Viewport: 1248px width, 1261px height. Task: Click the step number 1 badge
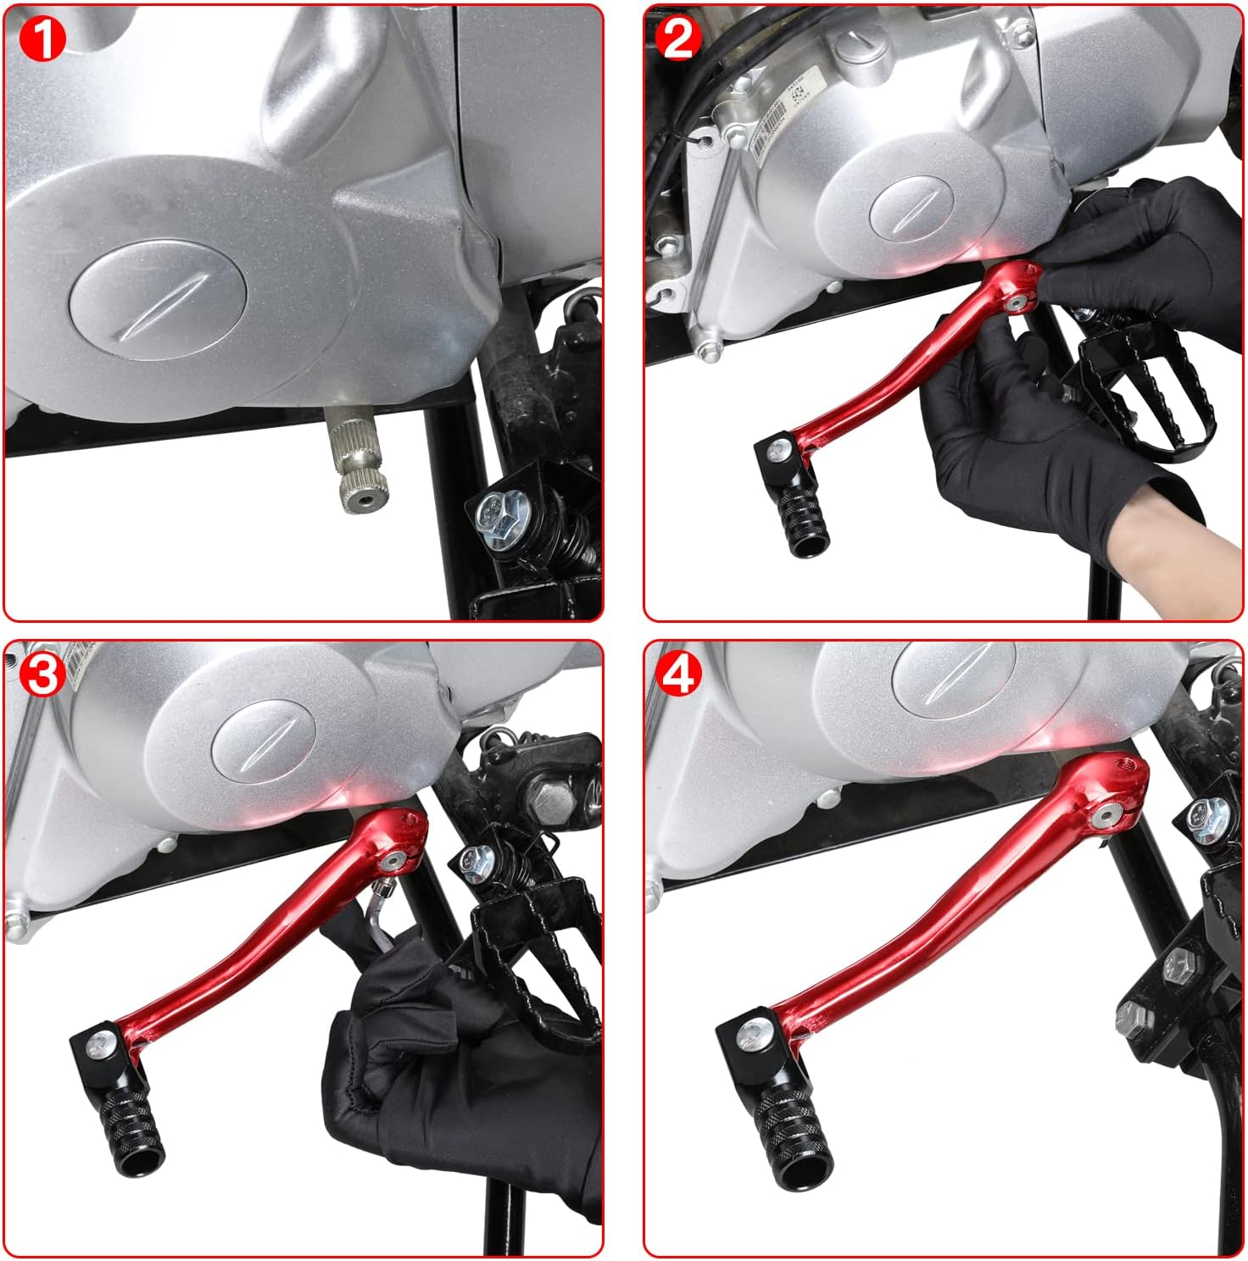pos(42,39)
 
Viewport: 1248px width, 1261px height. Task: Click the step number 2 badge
pos(677,39)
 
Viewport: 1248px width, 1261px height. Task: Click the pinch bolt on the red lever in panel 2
pos(1015,302)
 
